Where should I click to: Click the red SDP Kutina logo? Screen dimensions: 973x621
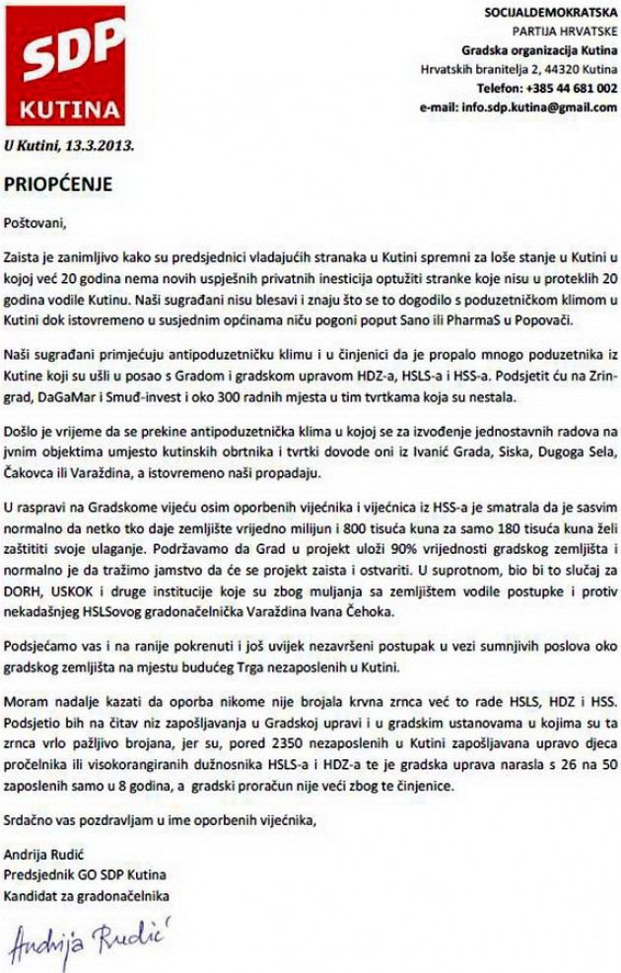(65, 64)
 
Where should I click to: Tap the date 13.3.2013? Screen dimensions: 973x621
(100, 144)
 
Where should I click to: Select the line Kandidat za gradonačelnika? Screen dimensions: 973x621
(87, 895)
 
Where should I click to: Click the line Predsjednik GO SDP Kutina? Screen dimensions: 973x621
(85, 875)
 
